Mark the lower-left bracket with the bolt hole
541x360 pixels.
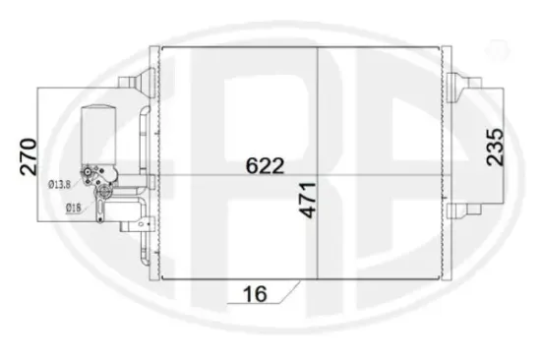coord(149,226)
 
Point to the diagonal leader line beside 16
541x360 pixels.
coord(285,291)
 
